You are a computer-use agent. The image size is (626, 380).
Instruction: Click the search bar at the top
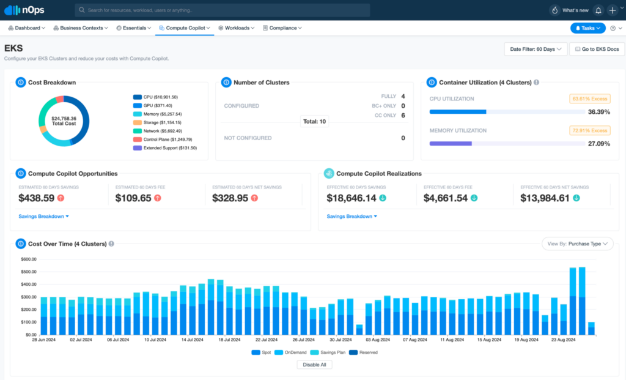point(223,10)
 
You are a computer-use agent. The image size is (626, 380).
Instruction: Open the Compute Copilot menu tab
point(184,28)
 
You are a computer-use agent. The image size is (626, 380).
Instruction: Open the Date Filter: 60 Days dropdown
point(536,49)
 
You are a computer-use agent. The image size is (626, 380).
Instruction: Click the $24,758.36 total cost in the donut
point(64,121)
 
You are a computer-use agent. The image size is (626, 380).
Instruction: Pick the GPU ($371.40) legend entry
point(157,106)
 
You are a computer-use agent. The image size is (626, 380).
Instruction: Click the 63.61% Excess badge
point(589,99)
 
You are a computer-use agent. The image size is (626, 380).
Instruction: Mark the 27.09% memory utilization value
point(598,144)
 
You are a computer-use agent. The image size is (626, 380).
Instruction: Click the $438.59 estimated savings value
point(37,198)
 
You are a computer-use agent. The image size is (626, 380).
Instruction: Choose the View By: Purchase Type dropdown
point(577,244)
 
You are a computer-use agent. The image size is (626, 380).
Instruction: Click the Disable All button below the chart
point(314,365)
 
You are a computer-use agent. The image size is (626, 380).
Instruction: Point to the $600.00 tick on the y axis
point(29,259)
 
